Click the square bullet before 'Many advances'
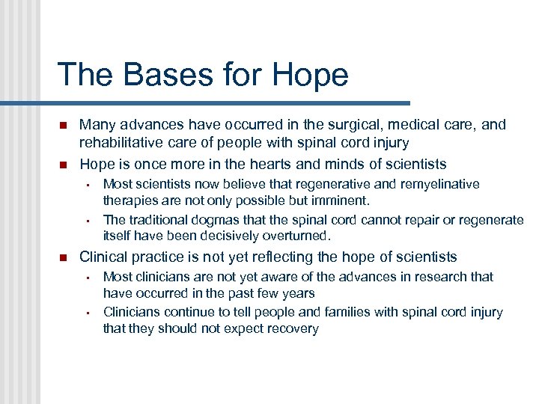63,125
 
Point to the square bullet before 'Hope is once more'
63,164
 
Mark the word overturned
295,236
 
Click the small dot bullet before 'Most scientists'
88,184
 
